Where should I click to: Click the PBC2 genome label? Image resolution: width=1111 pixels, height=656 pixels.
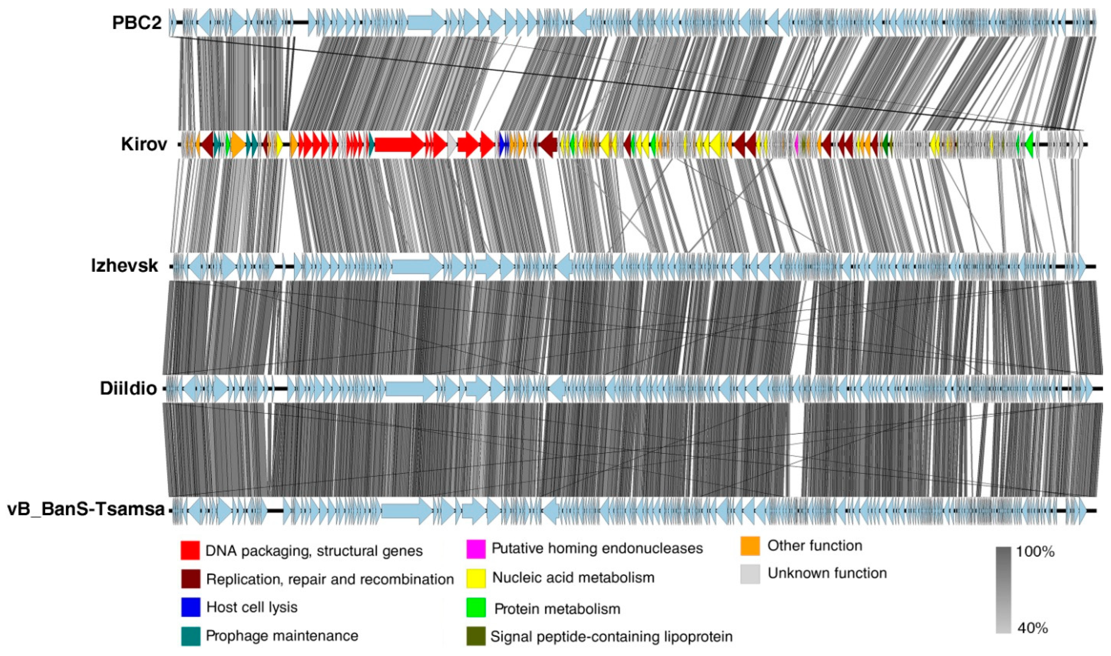click(x=137, y=23)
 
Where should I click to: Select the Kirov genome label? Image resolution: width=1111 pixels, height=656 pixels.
click(x=144, y=144)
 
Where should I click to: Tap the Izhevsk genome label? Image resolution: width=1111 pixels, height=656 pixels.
click(x=124, y=266)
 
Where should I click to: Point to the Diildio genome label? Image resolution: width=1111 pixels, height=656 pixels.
click(x=128, y=388)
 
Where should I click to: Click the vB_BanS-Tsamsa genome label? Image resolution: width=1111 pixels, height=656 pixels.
click(x=86, y=510)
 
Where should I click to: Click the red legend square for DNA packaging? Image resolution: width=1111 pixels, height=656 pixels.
click(x=190, y=550)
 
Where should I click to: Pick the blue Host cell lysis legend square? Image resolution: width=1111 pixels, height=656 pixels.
click(x=190, y=607)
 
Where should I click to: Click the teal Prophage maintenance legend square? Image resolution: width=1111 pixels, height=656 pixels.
click(x=190, y=636)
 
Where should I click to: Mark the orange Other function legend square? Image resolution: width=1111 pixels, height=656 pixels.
click(x=750, y=546)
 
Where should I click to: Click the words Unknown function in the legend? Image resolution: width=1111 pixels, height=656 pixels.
click(x=827, y=573)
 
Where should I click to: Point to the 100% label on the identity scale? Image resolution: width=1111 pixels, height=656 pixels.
click(x=1035, y=552)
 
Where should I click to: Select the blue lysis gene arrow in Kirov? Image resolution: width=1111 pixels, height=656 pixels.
click(x=503, y=144)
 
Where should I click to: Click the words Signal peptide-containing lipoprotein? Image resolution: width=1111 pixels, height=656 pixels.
click(x=611, y=636)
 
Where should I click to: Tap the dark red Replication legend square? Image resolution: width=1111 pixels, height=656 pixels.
click(x=190, y=579)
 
